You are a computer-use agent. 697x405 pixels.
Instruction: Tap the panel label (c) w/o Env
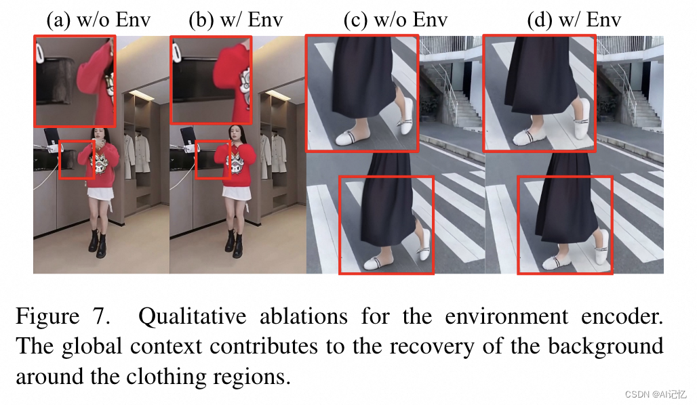[x=395, y=20]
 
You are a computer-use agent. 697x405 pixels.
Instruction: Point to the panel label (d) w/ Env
[x=574, y=20]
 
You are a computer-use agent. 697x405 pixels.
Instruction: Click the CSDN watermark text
[x=656, y=394]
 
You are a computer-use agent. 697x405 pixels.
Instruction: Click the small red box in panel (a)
[x=76, y=160]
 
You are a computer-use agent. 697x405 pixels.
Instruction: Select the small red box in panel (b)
[x=212, y=160]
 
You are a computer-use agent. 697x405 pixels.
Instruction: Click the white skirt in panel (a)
[x=100, y=194]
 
